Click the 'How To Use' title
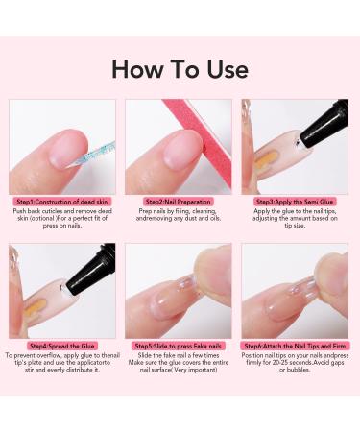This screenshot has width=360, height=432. [180, 68]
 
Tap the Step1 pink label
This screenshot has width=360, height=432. [61, 201]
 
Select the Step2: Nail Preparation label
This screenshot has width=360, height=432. [179, 201]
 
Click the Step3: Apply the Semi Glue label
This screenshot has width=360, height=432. [295, 201]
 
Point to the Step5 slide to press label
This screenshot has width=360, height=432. [179, 345]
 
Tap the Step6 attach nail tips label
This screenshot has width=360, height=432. [295, 345]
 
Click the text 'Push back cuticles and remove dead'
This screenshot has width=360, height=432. [61, 212]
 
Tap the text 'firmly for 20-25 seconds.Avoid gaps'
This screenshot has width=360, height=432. [295, 365]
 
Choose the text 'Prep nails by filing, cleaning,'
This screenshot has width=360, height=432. [179, 212]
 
